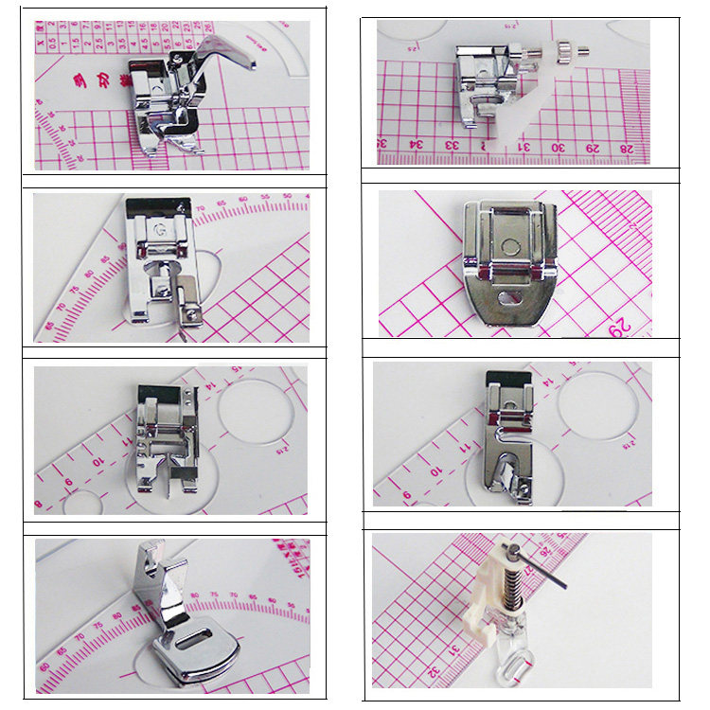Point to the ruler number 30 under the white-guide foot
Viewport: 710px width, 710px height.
click(559, 147)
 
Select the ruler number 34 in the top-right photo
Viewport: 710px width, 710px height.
click(415, 146)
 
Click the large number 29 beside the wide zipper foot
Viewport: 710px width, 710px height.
click(620, 327)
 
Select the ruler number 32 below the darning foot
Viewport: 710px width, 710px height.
click(434, 672)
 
